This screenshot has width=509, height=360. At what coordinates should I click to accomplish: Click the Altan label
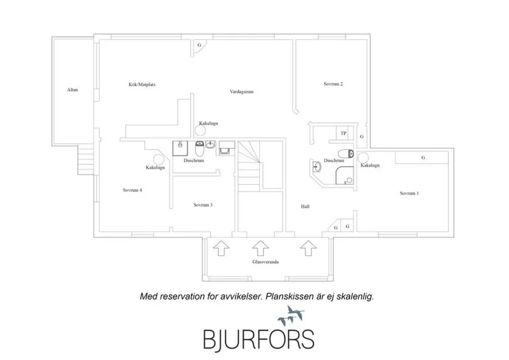[x=72, y=90]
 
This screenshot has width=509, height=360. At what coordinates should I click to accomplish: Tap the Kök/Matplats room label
[x=142, y=85]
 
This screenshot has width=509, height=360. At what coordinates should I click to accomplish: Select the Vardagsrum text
[x=241, y=91]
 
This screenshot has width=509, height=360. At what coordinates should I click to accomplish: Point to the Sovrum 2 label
[x=333, y=84]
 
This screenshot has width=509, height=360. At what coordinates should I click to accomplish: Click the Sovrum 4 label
[x=133, y=190]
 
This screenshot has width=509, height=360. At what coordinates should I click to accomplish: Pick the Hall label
[x=305, y=206]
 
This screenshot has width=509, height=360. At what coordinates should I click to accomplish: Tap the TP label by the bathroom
[x=344, y=133]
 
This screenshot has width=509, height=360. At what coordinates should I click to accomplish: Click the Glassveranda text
[x=265, y=262]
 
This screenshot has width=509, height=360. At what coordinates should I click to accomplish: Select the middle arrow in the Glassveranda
[x=260, y=248]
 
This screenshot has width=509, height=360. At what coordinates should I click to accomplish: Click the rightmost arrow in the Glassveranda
[x=308, y=248]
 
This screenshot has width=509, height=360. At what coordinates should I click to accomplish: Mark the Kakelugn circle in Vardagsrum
[x=201, y=131]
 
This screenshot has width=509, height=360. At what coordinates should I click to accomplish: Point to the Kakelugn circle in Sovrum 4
[x=159, y=159]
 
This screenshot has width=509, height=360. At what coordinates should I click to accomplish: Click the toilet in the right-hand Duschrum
[x=346, y=153]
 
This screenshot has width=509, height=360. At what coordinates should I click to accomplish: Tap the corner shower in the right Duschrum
[x=345, y=175]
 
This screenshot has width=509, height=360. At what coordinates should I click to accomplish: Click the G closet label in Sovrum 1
[x=423, y=157]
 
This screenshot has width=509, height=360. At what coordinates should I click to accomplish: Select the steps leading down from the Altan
[x=86, y=159]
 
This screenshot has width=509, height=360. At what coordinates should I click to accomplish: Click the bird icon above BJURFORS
[x=291, y=316]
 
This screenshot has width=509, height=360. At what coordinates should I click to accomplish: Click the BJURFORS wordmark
[x=259, y=340]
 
